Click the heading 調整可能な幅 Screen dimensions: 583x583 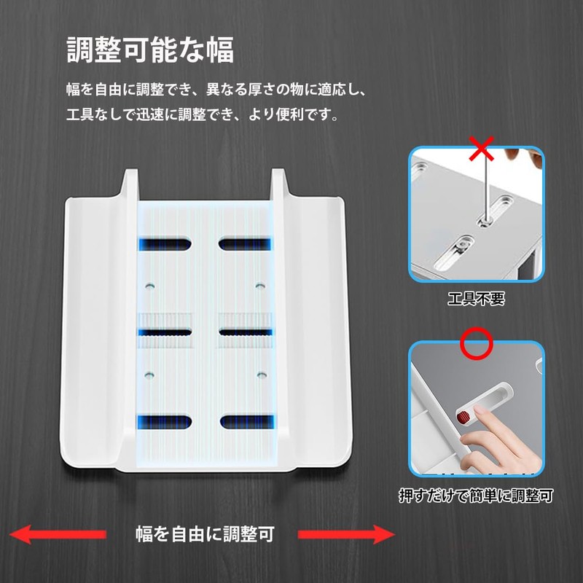pyautogui.click(x=150, y=50)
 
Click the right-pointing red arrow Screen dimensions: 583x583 pyautogui.click(x=347, y=534)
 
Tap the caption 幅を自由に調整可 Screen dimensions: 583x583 pyautogui.click(x=205, y=534)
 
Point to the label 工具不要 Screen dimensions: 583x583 pyautogui.click(x=476, y=299)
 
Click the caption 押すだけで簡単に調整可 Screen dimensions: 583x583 pyautogui.click(x=476, y=496)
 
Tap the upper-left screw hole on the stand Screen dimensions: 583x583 pyautogui.click(x=149, y=286)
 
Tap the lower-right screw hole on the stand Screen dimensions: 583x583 pyautogui.click(x=261, y=375)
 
